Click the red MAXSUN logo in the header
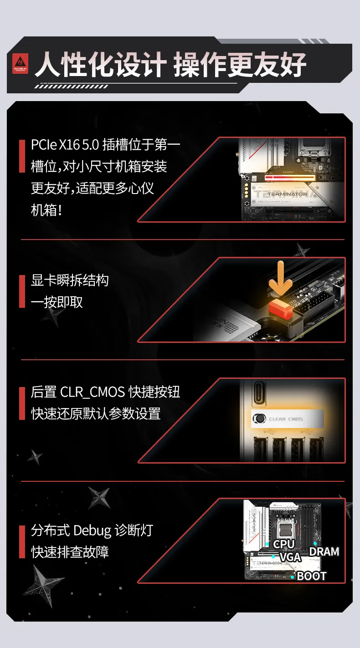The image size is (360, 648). [20, 64]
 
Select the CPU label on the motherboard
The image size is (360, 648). [284, 544]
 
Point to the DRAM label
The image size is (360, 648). [324, 552]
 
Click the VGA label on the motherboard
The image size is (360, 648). [290, 557]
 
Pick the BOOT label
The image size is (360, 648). [312, 576]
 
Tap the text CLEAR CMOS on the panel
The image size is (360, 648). [286, 419]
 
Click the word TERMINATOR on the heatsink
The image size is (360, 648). [287, 194]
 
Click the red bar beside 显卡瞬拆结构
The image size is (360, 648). [22, 291]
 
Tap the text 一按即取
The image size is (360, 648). [57, 302]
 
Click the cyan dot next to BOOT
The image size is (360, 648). [293, 577]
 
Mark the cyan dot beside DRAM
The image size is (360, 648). [315, 543]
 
